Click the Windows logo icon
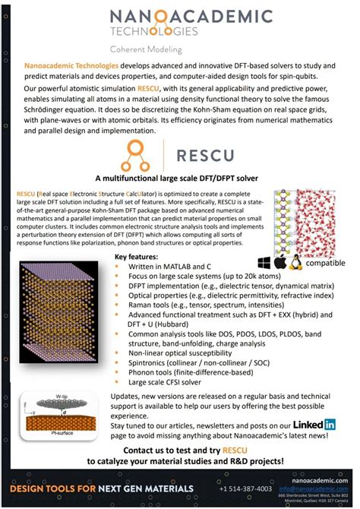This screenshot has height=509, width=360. point(266,263)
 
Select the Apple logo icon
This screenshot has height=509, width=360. point(280,263)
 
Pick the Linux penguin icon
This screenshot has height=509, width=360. point(295,263)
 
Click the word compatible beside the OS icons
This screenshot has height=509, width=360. point(325,265)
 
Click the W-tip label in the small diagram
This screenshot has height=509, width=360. point(62,396)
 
